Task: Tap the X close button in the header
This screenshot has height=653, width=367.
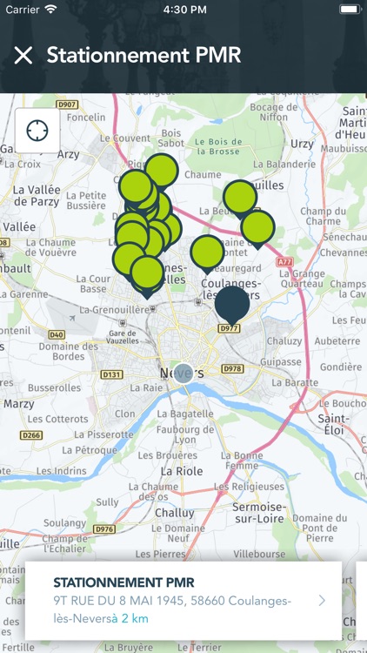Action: (23, 56)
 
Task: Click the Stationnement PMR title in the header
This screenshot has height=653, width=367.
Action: (143, 56)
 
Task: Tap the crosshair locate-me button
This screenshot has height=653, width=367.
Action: (37, 131)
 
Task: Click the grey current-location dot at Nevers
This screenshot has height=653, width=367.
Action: (183, 374)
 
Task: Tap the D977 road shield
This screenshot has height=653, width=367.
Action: (229, 328)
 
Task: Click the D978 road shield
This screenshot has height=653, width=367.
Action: (233, 368)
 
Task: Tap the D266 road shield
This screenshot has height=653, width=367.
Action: (31, 435)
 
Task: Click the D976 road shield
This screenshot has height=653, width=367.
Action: (104, 528)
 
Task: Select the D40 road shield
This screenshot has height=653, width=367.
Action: (57, 334)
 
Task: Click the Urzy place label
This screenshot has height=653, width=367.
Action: (302, 143)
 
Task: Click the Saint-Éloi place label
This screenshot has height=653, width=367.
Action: (334, 424)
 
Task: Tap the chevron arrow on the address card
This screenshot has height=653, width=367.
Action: (322, 600)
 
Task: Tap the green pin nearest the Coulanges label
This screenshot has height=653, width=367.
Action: (207, 252)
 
